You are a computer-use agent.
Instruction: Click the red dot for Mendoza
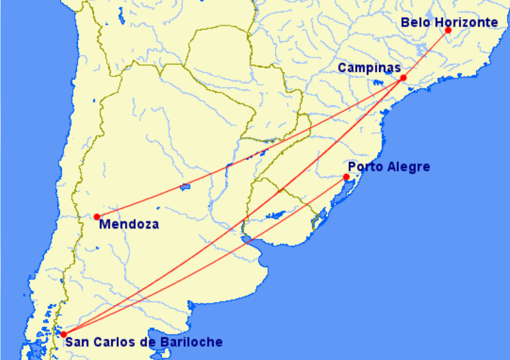[97, 216]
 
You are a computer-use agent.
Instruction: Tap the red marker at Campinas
[403, 78]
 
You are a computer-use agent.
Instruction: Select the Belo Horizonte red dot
[448, 30]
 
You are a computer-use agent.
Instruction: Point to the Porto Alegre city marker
[346, 177]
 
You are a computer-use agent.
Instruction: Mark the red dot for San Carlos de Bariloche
[63, 334]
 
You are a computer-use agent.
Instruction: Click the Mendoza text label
[129, 225]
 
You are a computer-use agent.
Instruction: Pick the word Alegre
[408, 167]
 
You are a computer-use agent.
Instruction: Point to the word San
[76, 343]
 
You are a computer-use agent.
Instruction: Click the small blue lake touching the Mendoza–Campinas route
[185, 187]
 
